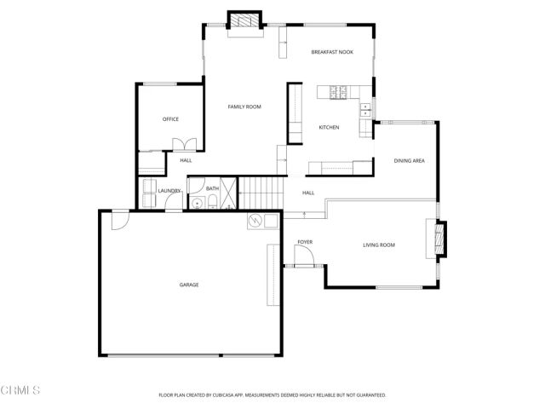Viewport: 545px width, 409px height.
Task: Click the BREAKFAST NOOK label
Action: point(331,52)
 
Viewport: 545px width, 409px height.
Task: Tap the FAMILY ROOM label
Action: point(244,107)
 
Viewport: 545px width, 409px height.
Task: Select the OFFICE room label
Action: point(170,118)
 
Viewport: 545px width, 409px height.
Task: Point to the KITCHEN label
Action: point(329,127)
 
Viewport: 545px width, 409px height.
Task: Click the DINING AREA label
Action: point(409,160)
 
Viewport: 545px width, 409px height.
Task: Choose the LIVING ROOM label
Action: point(379,245)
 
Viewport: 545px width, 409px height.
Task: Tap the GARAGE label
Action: point(188,285)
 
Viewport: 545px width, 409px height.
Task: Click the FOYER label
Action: point(305,242)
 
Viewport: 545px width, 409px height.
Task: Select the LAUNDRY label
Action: point(169,191)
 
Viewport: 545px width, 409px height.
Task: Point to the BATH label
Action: point(212,188)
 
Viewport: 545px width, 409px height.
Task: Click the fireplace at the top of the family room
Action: point(246,21)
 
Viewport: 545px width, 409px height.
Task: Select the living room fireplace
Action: point(439,239)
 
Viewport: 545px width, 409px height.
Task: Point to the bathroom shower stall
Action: point(228,202)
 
